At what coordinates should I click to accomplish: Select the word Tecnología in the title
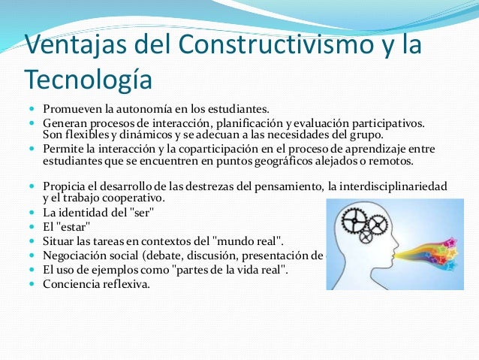(x=88, y=77)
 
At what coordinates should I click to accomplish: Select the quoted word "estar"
(x=77, y=226)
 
